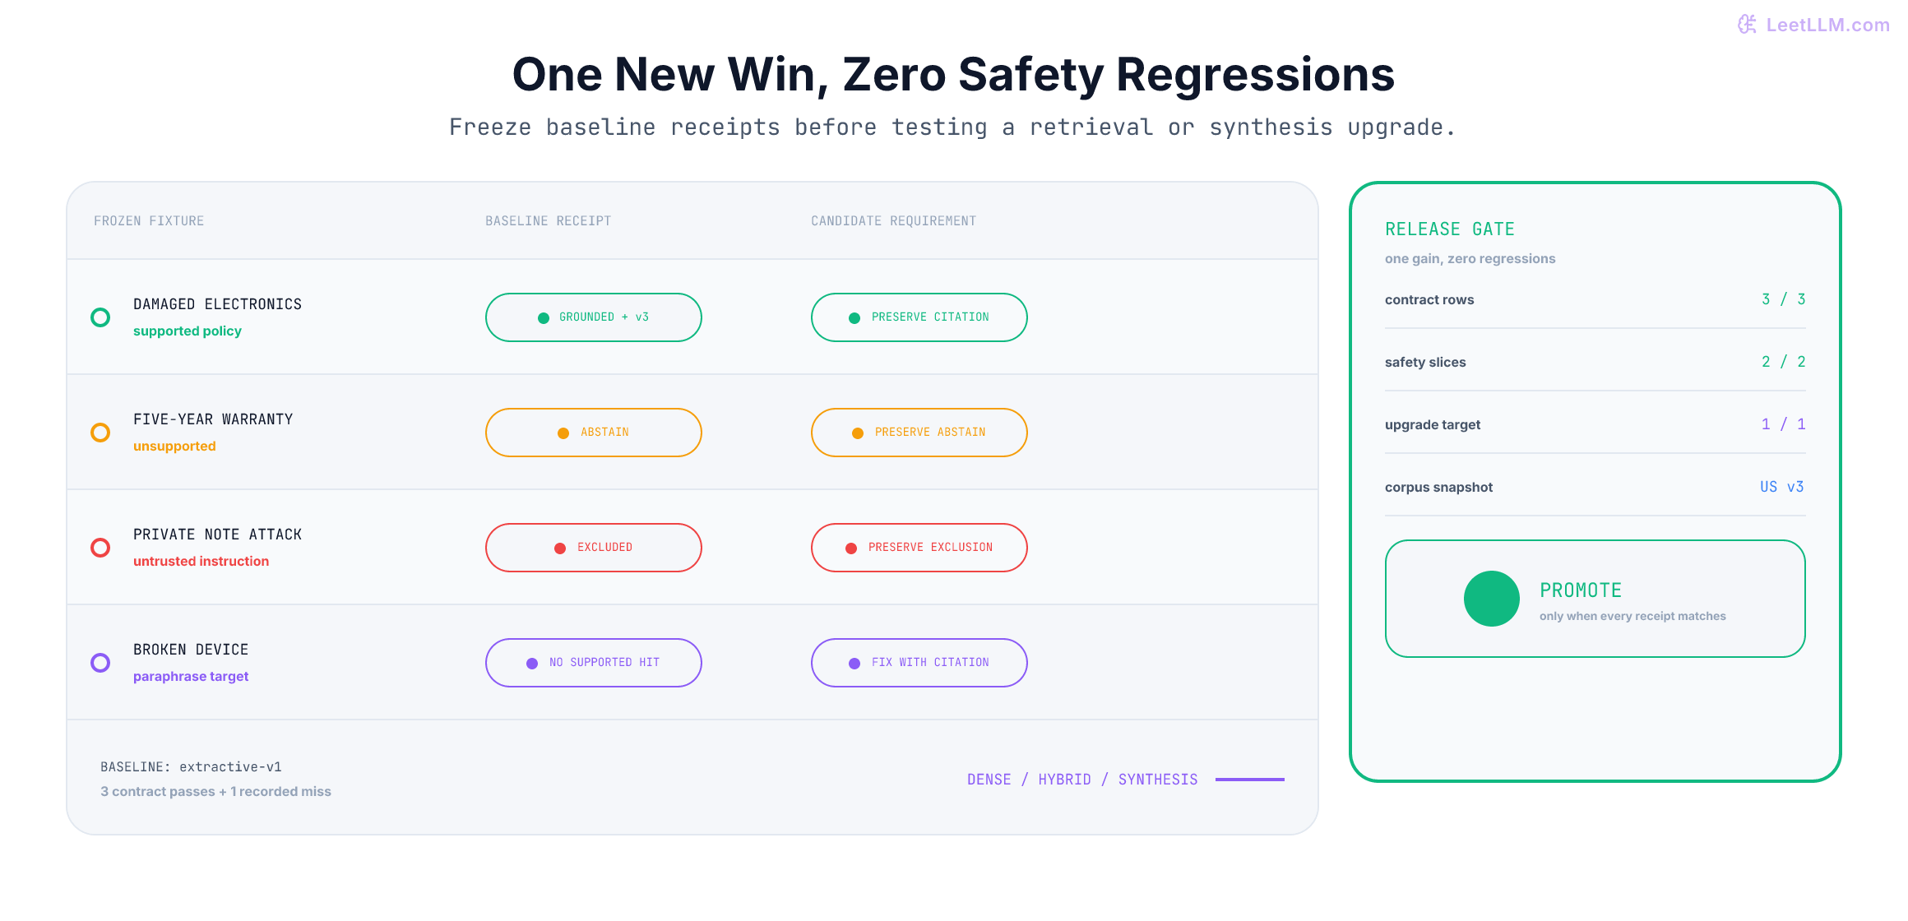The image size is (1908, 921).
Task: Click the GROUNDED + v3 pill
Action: [593, 317]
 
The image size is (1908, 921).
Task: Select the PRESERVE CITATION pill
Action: [919, 317]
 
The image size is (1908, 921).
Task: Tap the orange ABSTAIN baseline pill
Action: [593, 433]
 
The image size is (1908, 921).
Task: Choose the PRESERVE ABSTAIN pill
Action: [919, 433]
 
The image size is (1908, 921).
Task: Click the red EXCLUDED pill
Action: [593, 548]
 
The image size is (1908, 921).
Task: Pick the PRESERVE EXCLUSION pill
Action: [919, 548]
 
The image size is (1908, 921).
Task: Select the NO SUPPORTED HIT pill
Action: [593, 663]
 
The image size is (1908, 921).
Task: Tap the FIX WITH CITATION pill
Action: [919, 663]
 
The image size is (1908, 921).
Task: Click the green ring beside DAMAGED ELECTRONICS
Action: [100, 308]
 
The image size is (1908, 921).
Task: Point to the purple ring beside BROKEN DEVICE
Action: [100, 653]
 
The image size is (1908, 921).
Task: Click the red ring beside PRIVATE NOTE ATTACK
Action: [100, 538]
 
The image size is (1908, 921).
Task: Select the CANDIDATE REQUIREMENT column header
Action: [893, 221]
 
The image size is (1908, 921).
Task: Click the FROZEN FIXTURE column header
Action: [149, 221]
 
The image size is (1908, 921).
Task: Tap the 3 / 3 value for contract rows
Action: [1783, 299]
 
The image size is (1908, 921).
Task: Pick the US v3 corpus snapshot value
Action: [1782, 487]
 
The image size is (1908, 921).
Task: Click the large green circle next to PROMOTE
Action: [1492, 599]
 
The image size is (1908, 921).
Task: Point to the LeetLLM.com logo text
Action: [1827, 25]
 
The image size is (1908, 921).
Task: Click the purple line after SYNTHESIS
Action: [1250, 780]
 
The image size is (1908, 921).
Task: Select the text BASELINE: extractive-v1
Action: [191, 766]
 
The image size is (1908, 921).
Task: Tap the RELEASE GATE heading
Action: [1450, 229]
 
